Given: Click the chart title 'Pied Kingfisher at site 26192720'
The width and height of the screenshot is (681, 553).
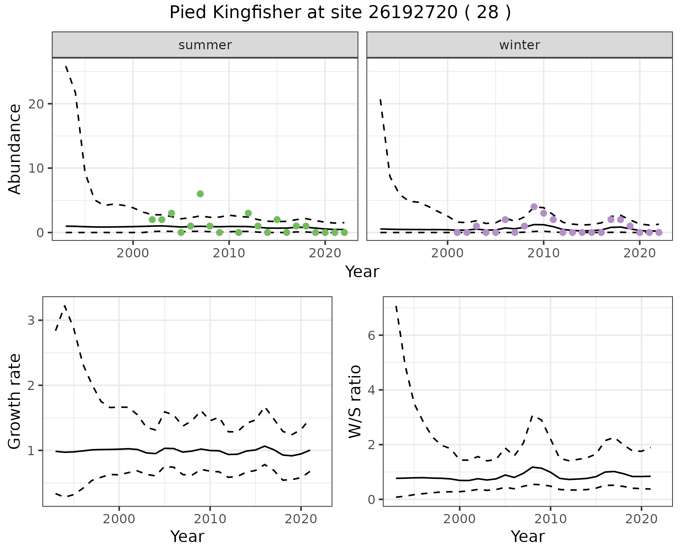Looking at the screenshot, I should [340, 13].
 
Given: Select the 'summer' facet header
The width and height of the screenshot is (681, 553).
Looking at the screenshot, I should [205, 45].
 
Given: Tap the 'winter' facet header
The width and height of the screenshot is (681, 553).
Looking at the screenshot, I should [519, 45].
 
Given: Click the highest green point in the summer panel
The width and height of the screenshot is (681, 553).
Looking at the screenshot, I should [200, 194].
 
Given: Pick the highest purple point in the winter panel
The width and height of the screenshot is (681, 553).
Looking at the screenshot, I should [534, 207].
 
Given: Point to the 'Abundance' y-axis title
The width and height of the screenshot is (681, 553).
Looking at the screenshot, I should [15, 149].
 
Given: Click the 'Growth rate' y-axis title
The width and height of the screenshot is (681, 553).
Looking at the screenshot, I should [15, 402].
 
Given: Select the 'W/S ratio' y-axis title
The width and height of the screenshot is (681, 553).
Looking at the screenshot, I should [355, 402].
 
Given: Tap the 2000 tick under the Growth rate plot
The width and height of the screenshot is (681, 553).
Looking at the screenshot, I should [119, 519].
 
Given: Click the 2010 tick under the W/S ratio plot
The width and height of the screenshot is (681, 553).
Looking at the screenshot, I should [550, 519].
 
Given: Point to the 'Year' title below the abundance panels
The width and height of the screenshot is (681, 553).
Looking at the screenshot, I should [362, 272].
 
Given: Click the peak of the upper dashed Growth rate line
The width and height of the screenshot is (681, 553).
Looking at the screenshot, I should [65, 305].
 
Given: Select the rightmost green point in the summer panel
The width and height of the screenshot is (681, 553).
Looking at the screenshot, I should [344, 233].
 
